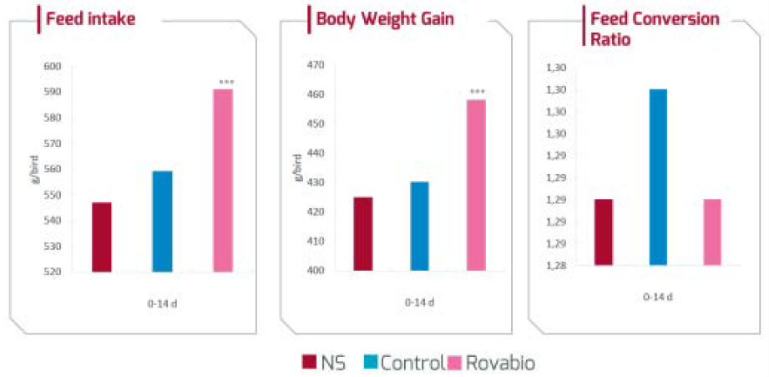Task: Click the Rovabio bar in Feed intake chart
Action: tap(223, 180)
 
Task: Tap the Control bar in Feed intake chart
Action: tap(162, 221)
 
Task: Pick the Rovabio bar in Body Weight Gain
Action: tap(476, 185)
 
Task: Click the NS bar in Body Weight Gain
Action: tap(363, 233)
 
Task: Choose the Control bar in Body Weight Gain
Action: tap(419, 226)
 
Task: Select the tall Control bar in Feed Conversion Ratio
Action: tap(658, 176)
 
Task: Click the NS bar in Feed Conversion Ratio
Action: tap(603, 232)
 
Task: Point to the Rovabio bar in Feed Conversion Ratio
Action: tap(712, 232)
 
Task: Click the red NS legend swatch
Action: tap(307, 362)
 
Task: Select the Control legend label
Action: tap(412, 362)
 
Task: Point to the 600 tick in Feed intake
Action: tap(52, 67)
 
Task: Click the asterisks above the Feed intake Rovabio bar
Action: tap(225, 82)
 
